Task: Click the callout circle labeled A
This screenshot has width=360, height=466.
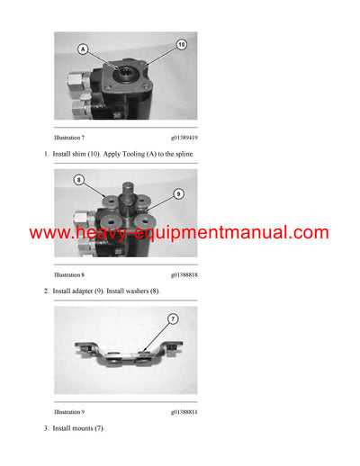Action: pos(84,49)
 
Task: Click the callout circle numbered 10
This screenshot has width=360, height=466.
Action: pos(181,44)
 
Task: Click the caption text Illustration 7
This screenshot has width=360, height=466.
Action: pos(69,139)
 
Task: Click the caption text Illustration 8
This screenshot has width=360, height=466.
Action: pos(69,274)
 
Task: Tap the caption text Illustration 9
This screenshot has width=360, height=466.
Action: pos(69,411)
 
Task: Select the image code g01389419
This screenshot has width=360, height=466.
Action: pos(184,139)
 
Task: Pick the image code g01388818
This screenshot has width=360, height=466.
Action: pos(184,274)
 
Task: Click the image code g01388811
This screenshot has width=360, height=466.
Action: pos(184,411)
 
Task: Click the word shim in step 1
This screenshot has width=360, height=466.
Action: pos(79,155)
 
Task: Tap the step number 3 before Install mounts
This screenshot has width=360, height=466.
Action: pos(46,427)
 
